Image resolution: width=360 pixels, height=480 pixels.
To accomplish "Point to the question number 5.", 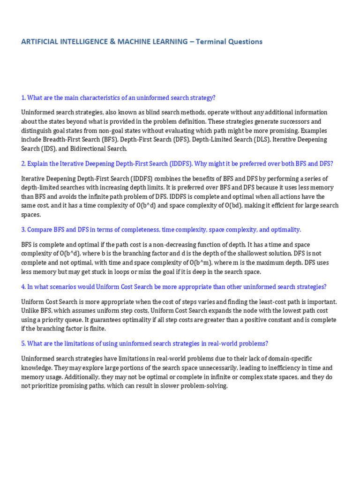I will (23, 344).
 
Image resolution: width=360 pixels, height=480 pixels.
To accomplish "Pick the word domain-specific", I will (288, 359).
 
